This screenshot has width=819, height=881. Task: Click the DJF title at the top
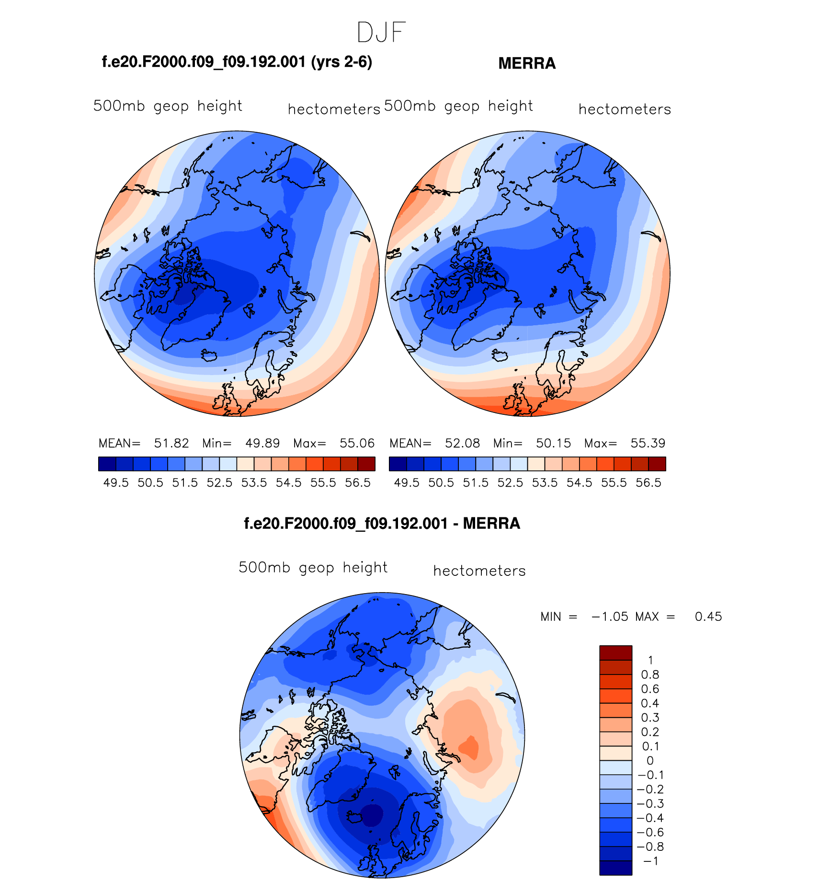[381, 33]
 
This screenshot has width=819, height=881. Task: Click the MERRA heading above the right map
[527, 64]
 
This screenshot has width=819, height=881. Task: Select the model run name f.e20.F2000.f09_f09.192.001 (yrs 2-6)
[237, 62]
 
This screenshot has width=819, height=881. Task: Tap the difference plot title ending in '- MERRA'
[382, 524]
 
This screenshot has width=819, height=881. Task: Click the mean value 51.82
[171, 443]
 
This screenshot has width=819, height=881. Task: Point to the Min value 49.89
[262, 443]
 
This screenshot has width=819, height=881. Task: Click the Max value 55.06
[357, 443]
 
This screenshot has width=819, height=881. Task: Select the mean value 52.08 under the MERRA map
[462, 443]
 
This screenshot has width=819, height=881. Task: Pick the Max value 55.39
[648, 443]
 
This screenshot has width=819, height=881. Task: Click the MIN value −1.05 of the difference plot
[610, 617]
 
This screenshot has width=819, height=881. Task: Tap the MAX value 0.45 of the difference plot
[708, 617]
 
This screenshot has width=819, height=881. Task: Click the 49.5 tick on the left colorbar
[116, 483]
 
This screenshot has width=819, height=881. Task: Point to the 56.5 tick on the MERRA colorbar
[648, 483]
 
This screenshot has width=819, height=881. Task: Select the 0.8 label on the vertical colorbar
[650, 675]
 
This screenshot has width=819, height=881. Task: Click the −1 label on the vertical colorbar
[650, 861]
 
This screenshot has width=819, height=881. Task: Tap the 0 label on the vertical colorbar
[649, 761]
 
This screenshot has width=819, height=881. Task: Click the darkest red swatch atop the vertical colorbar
[615, 652]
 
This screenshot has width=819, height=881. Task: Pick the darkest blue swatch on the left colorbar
[107, 464]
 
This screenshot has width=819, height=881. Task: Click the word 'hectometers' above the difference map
[479, 571]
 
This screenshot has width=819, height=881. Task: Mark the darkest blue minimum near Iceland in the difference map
[372, 815]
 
